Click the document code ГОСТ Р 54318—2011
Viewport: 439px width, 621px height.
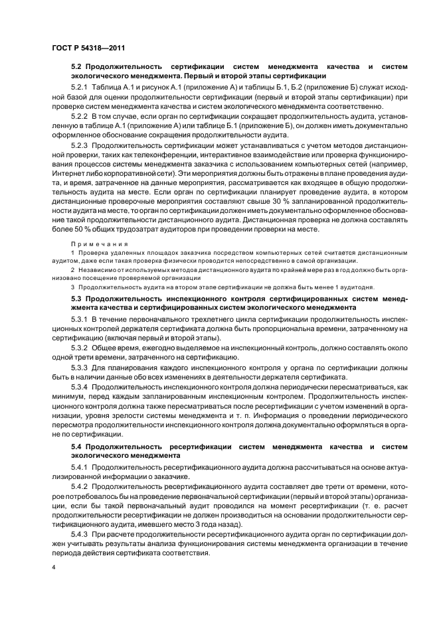pyautogui.click(x=88, y=48)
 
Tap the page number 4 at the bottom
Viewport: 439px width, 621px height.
pyautogui.click(x=52, y=568)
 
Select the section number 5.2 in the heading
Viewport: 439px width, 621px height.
pyautogui.click(x=76, y=67)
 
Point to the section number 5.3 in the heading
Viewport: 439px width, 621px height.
pyautogui.click(x=76, y=299)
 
